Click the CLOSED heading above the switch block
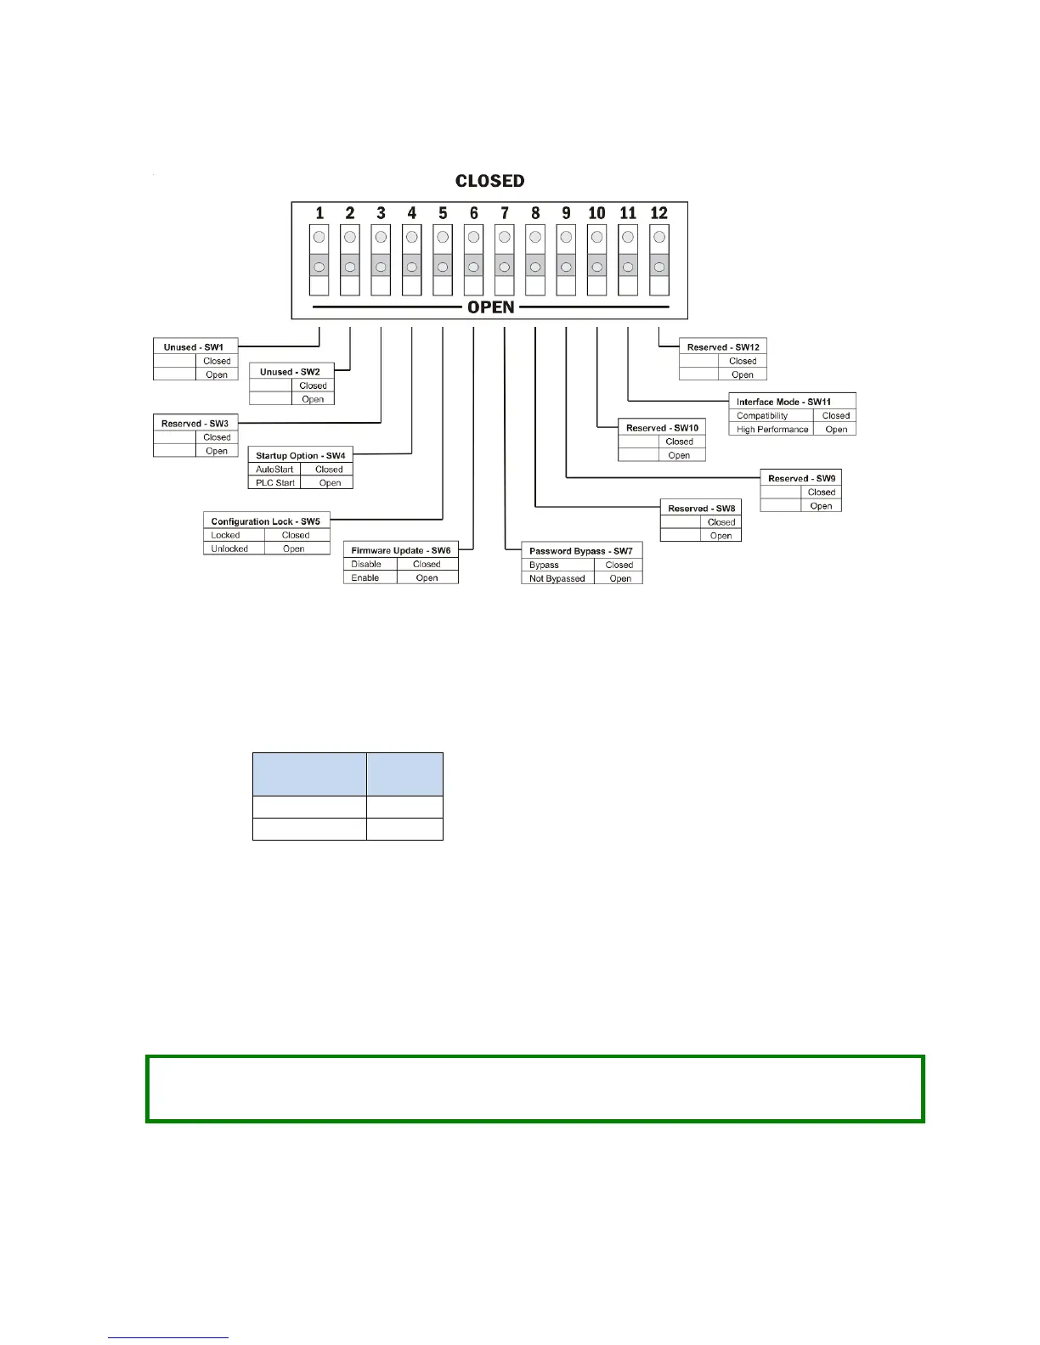click(489, 181)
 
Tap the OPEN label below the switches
click(491, 307)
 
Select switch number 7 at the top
click(505, 213)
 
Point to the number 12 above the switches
click(658, 213)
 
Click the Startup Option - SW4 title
click(300, 456)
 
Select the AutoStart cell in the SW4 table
click(274, 470)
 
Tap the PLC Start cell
click(275, 483)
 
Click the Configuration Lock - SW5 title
click(265, 521)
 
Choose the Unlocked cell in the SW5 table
click(229, 549)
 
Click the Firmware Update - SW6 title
click(400, 551)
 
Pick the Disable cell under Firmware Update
click(366, 565)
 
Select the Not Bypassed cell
click(557, 579)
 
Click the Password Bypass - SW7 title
click(580, 551)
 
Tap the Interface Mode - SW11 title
click(783, 402)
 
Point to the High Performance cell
click(772, 430)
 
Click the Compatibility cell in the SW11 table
click(762, 416)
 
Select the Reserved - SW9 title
click(801, 479)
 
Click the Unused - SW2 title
click(290, 372)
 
